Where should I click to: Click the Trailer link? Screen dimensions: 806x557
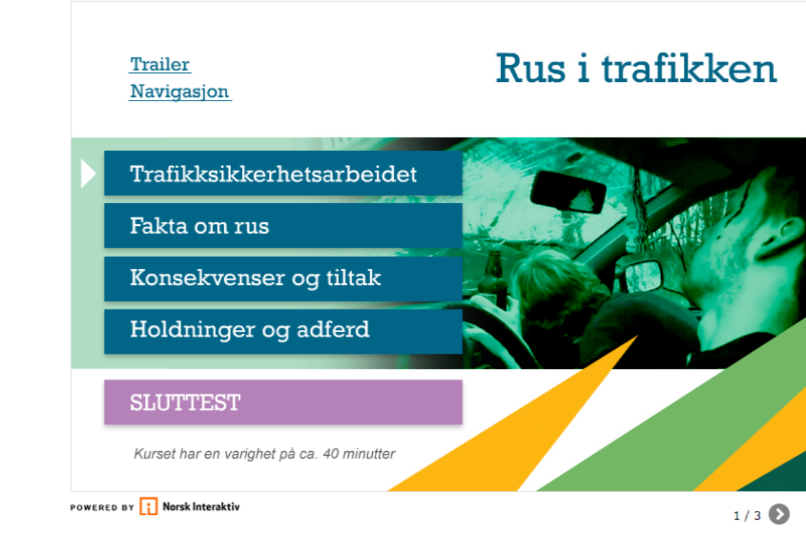[x=160, y=65]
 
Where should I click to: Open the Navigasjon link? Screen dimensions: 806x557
[x=179, y=91]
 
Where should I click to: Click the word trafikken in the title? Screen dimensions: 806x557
[x=689, y=69]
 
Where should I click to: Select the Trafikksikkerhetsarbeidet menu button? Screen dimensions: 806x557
[x=283, y=173]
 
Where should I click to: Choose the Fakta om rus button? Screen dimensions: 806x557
[x=283, y=225]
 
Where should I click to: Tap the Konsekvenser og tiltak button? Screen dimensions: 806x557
[x=283, y=279]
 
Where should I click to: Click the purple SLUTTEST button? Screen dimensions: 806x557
[x=283, y=402]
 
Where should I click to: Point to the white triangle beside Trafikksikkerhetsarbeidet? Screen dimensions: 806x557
[x=88, y=174]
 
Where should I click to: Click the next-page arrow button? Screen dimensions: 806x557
[x=779, y=514]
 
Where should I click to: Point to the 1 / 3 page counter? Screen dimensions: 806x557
[x=747, y=515]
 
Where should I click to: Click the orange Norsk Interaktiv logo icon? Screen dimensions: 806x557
[x=149, y=506]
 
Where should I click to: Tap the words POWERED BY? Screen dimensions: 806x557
[x=102, y=507]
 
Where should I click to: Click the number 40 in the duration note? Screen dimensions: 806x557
[x=331, y=454]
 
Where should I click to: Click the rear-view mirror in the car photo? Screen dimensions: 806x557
[x=568, y=193]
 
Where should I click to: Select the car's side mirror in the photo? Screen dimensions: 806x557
[x=643, y=276]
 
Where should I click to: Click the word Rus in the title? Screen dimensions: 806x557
[x=531, y=69]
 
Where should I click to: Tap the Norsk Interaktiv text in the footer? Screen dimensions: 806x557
[x=201, y=507]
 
